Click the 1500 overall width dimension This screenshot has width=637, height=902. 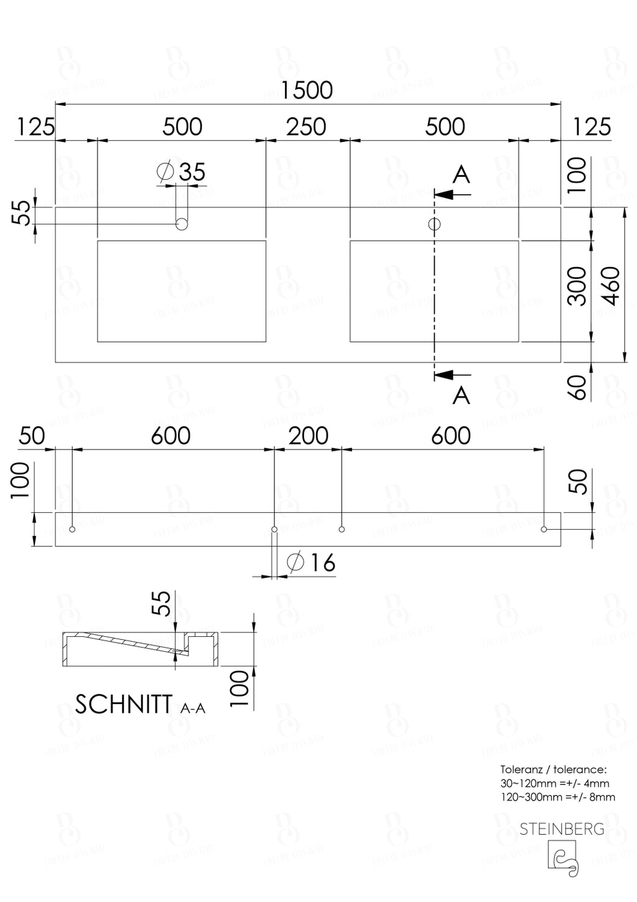point(307,91)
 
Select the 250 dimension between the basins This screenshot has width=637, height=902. point(306,127)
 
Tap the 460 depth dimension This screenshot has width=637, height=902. point(611,286)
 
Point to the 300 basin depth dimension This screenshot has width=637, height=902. point(578,286)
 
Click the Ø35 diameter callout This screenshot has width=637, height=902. point(182,172)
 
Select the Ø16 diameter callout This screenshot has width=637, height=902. point(312,563)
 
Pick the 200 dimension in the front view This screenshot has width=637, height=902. point(308,436)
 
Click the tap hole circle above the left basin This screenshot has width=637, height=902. point(182,224)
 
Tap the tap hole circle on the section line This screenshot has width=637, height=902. point(434,224)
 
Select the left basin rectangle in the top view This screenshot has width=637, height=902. point(182,291)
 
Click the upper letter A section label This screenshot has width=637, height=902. point(461,175)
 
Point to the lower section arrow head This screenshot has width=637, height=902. point(443,375)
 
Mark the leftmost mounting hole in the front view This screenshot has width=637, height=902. point(73,529)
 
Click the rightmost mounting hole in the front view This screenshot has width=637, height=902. point(544,529)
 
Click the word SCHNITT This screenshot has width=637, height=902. point(124,704)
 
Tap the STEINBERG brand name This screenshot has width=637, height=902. point(562,829)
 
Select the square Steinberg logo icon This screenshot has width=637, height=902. point(562,859)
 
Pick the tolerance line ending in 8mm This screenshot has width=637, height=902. point(557,797)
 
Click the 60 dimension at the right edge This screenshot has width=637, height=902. point(578,387)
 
